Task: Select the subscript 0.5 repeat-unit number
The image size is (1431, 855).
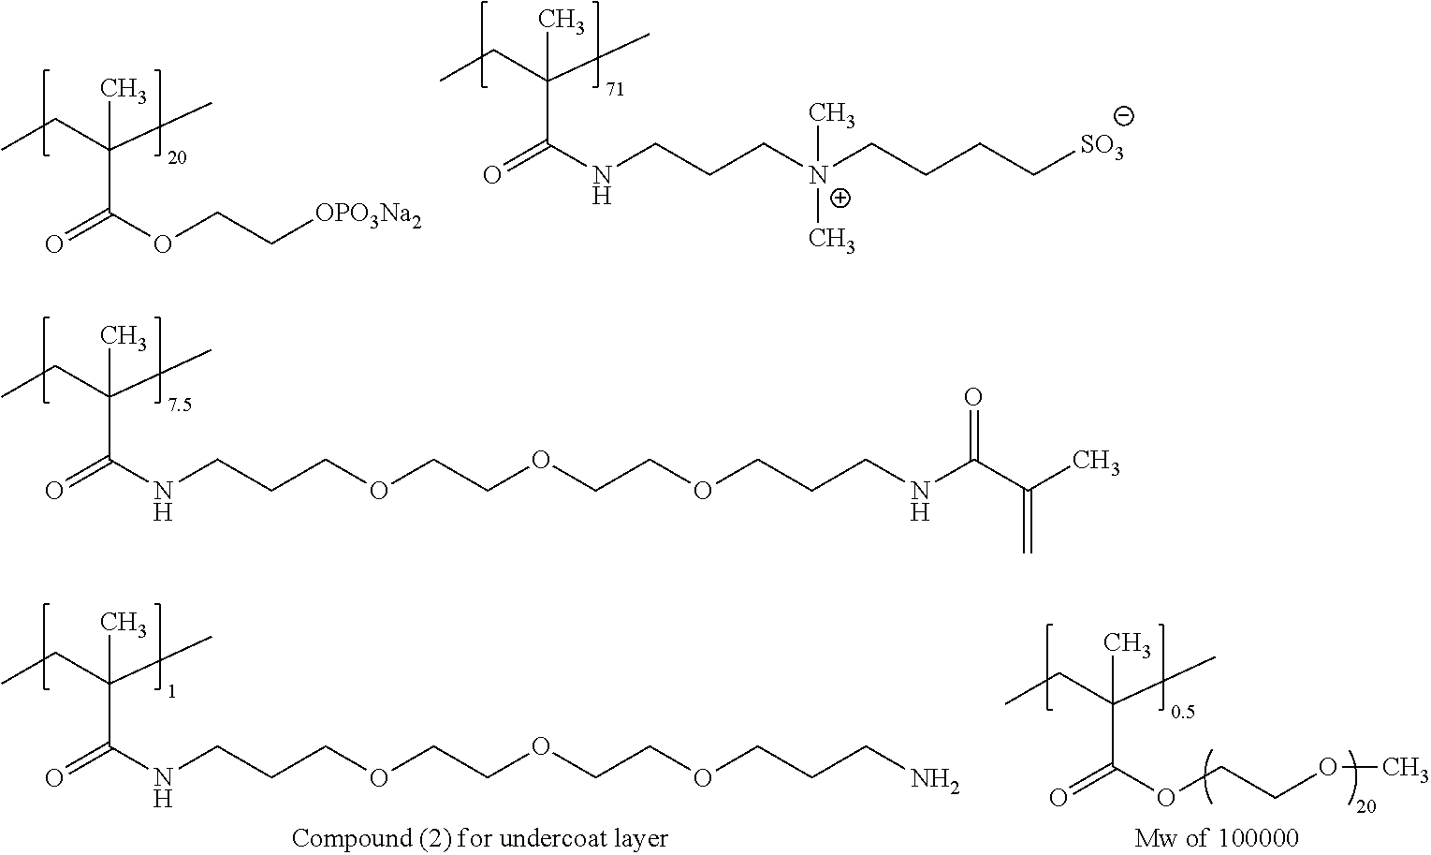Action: [x=1183, y=713]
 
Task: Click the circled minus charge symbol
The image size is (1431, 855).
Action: [x=1123, y=116]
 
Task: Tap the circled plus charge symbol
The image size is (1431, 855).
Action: [x=841, y=198]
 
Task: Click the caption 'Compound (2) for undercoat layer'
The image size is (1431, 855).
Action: [x=480, y=837]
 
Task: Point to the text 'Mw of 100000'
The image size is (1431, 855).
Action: [x=1217, y=837]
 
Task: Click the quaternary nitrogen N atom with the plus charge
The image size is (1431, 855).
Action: [x=818, y=174]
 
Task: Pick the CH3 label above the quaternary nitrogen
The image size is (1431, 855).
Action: [x=832, y=116]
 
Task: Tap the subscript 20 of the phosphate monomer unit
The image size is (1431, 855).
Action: [x=176, y=159]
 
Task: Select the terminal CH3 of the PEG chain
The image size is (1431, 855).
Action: [x=1400, y=769]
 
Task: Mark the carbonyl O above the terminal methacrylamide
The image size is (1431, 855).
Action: [x=973, y=398]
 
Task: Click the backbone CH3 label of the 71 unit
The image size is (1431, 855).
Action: [x=562, y=22]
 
